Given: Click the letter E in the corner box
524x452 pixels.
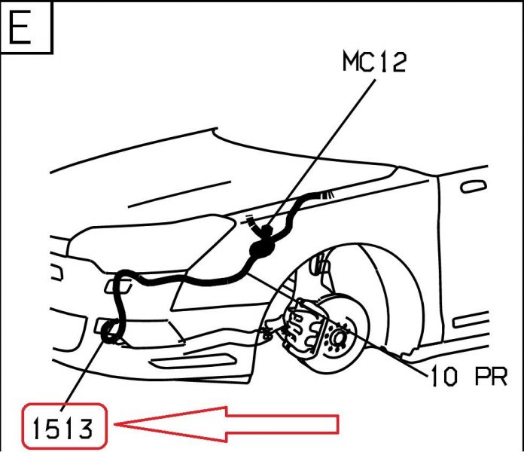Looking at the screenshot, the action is point(20,26).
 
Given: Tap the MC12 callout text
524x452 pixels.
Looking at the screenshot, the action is point(374,62).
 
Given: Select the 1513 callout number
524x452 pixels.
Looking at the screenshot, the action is point(62,429).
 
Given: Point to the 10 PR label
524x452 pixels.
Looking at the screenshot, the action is point(469,376).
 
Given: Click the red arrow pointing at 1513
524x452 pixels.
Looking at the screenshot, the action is point(227,424).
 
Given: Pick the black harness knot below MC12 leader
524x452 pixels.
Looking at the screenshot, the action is point(262,248).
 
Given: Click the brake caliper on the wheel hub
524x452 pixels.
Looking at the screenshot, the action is point(303,327).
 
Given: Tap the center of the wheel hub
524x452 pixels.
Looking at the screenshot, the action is point(338,337).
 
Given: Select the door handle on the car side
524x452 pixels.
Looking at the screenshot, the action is point(474,186).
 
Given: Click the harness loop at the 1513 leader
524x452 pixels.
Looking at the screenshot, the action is point(110,333).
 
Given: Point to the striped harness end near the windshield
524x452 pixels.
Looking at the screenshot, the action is point(326,194).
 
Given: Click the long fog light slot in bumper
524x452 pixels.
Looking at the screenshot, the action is point(193,362).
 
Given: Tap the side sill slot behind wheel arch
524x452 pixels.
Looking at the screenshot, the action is point(471,319).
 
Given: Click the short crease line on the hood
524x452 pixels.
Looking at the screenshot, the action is point(179,194).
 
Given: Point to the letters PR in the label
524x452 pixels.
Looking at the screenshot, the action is point(491,376).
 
